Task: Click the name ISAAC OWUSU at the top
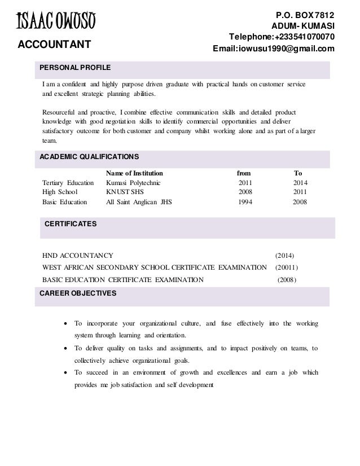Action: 55,22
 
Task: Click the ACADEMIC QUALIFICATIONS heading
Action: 89,157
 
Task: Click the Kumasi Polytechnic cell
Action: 134,183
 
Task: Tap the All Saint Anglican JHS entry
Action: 139,201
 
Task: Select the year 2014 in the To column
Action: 301,183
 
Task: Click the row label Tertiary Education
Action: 68,183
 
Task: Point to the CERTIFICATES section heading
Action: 71,224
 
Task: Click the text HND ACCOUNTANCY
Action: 78,255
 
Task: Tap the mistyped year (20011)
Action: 287,267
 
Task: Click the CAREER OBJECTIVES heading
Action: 77,293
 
